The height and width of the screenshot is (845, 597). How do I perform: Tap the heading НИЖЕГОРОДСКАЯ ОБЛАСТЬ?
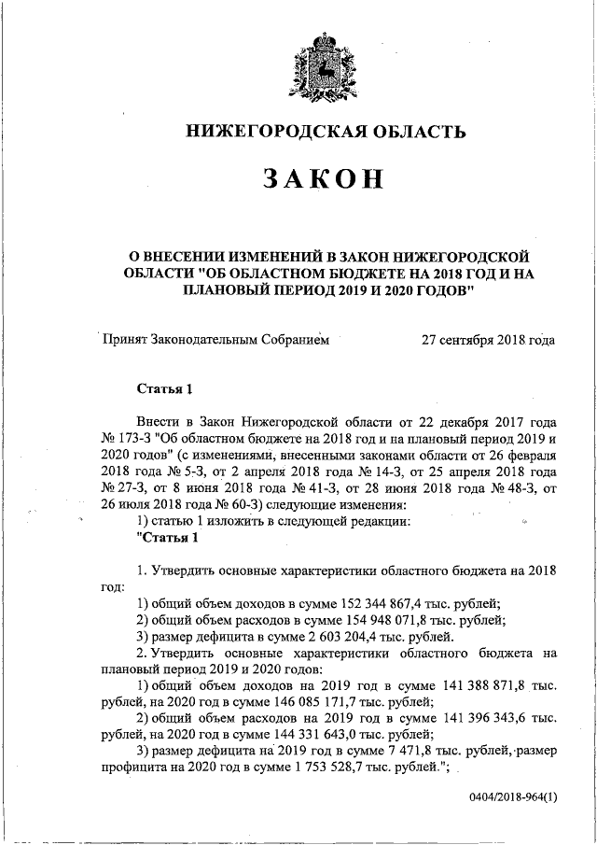pyautogui.click(x=323, y=131)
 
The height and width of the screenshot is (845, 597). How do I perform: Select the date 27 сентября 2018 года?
pyautogui.click(x=489, y=340)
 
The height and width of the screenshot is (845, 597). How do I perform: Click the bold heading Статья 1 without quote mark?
pyautogui.click(x=164, y=388)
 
